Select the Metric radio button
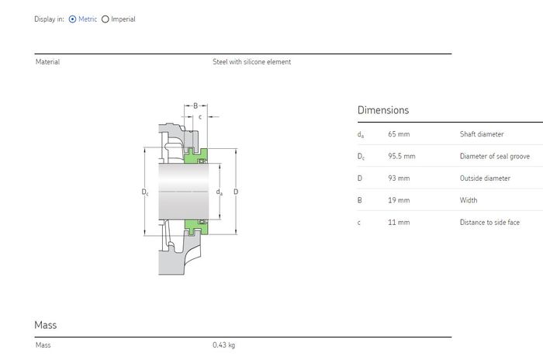point(72,19)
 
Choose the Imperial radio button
point(105,19)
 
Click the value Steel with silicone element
point(252,61)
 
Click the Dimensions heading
point(383,110)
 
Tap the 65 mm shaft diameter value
point(399,134)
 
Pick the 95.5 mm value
point(401,156)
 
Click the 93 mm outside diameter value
point(399,178)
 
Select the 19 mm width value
point(399,200)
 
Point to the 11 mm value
point(399,223)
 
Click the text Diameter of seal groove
point(495,156)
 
